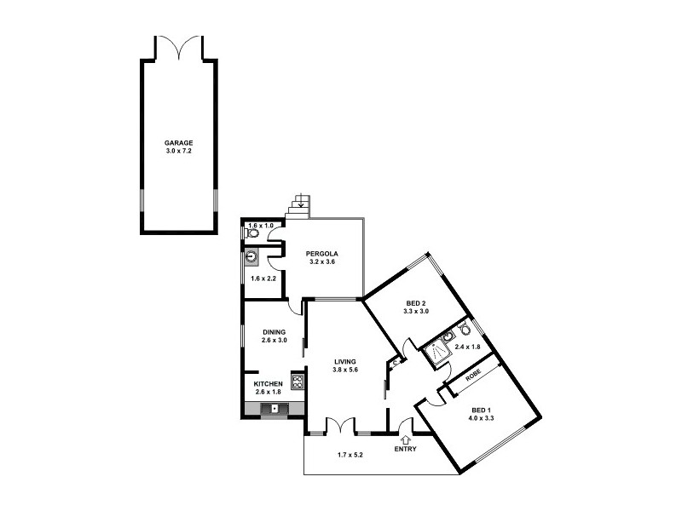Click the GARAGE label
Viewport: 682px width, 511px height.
[x=179, y=143]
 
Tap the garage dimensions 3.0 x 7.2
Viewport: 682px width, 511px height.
[x=179, y=152]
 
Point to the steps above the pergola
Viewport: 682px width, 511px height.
[x=300, y=205]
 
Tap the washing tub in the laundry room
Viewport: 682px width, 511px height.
[x=252, y=256]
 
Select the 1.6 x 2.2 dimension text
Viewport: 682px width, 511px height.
[x=263, y=278]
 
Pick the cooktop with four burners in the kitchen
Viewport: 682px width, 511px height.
[x=298, y=381]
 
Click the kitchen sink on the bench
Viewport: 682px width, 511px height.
[x=275, y=410]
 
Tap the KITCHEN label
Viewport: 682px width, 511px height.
[x=268, y=383]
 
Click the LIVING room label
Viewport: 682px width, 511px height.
[x=345, y=362]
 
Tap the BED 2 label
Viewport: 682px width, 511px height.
[x=415, y=303]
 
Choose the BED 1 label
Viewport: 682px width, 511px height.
[x=483, y=409]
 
